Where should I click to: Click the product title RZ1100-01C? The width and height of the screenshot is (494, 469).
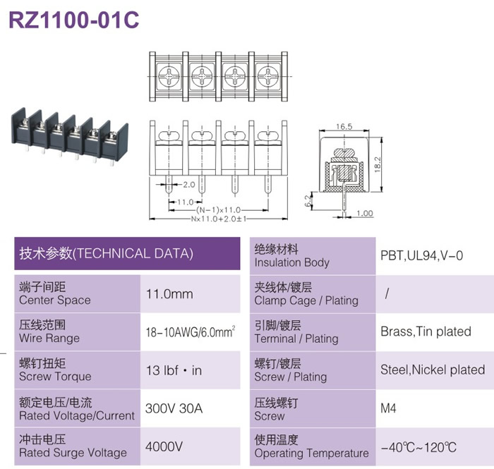tap(74, 20)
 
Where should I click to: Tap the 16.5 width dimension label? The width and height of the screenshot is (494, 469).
tap(344, 126)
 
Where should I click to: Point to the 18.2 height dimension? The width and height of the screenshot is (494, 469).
tap(378, 164)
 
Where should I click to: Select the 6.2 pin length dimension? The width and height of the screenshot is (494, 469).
tap(308, 200)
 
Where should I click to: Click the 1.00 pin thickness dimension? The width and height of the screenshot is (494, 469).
tap(365, 214)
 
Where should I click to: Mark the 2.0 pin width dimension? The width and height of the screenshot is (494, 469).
tap(189, 185)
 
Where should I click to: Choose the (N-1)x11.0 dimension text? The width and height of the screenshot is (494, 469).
tap(218, 210)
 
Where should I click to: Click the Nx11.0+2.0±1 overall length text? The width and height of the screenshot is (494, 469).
tap(219, 219)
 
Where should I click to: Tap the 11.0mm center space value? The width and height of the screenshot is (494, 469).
tap(169, 294)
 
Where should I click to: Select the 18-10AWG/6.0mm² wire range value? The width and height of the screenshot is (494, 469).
tap(191, 331)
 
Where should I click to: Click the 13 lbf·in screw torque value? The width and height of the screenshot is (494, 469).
tap(174, 370)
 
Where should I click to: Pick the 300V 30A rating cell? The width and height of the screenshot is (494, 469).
tap(174, 408)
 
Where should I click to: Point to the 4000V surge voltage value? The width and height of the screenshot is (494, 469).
tap(164, 446)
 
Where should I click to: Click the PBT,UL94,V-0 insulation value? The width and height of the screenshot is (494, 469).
tap(422, 255)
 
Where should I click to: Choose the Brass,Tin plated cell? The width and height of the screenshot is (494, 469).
tap(426, 331)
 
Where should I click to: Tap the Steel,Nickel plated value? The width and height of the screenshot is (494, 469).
tap(433, 370)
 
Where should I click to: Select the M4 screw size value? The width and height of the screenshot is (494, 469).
tap(388, 408)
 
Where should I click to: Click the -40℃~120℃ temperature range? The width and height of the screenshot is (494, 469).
tap(418, 447)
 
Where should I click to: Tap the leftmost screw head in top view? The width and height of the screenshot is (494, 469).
tap(169, 76)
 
